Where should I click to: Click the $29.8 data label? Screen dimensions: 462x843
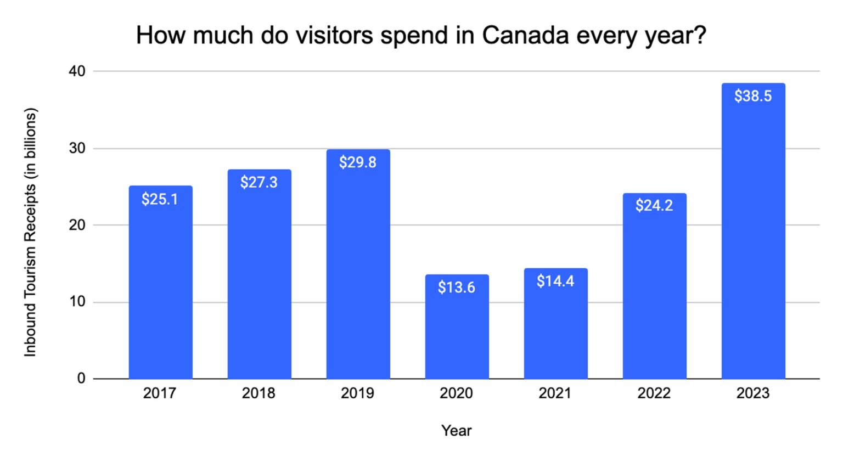click(x=358, y=162)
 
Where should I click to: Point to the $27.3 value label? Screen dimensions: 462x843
click(x=259, y=182)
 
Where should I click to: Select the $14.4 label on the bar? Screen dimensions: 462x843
click(x=555, y=281)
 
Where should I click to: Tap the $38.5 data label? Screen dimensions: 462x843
click(x=753, y=96)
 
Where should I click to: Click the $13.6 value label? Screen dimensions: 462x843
click(x=457, y=288)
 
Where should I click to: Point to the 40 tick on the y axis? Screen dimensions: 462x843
click(x=77, y=71)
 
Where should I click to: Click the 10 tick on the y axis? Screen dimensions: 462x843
click(x=77, y=302)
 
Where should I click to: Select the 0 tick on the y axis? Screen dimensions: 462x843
click(x=81, y=379)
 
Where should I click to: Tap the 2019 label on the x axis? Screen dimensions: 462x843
click(x=358, y=393)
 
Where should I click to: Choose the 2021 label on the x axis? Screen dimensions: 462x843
click(x=555, y=393)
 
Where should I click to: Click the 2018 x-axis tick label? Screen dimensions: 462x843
click(x=259, y=393)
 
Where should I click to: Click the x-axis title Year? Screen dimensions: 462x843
click(x=457, y=431)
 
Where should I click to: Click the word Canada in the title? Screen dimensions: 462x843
click(x=525, y=36)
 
